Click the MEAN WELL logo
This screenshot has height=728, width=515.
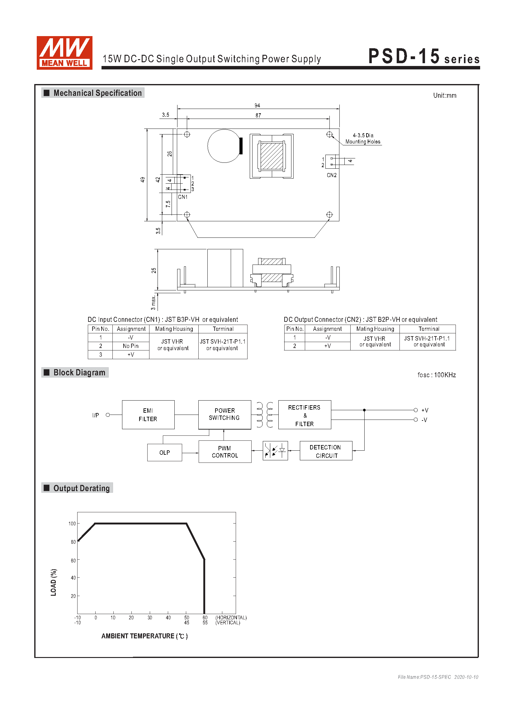tap(64, 53)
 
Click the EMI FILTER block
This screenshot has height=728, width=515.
tap(148, 414)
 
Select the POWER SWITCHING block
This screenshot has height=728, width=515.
tap(224, 414)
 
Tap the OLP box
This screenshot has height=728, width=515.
tap(165, 453)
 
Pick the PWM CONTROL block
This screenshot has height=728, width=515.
tap(225, 452)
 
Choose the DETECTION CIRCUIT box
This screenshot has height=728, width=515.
tap(326, 451)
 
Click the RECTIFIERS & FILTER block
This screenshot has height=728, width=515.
tap(305, 414)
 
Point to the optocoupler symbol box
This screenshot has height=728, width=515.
tap(275, 451)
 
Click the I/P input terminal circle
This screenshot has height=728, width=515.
tap(108, 415)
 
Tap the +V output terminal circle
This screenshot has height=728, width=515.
tap(415, 410)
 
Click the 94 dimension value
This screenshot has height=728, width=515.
tap(257, 105)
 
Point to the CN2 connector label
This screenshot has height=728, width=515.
tap(332, 175)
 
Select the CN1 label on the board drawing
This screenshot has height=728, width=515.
tap(183, 197)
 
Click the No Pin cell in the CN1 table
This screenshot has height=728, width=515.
tap(131, 346)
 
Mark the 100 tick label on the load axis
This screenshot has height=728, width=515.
tap(72, 524)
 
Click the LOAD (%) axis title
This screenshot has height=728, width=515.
tap(54, 582)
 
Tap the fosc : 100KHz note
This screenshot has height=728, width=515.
tap(437, 375)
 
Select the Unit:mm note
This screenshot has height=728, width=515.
tap(445, 96)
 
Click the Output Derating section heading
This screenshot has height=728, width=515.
tap(82, 488)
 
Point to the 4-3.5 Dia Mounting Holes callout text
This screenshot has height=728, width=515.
tap(363, 139)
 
